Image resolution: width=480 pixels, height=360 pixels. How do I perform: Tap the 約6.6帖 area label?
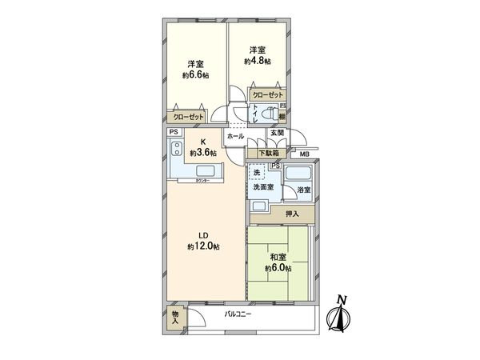195,75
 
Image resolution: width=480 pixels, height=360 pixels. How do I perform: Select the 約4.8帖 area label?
258,61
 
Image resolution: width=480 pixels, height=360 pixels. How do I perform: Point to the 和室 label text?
278,258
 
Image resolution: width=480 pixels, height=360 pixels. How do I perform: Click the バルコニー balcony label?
238,314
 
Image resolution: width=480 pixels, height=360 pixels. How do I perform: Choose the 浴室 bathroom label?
303,190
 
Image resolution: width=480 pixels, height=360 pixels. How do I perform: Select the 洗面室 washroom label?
263,186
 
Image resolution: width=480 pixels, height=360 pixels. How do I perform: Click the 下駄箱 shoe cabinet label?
268,152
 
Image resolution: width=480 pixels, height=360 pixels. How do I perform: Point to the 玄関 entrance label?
276,133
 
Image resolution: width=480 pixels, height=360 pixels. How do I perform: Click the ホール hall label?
235,137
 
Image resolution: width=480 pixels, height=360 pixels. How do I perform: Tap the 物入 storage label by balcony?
175,318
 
